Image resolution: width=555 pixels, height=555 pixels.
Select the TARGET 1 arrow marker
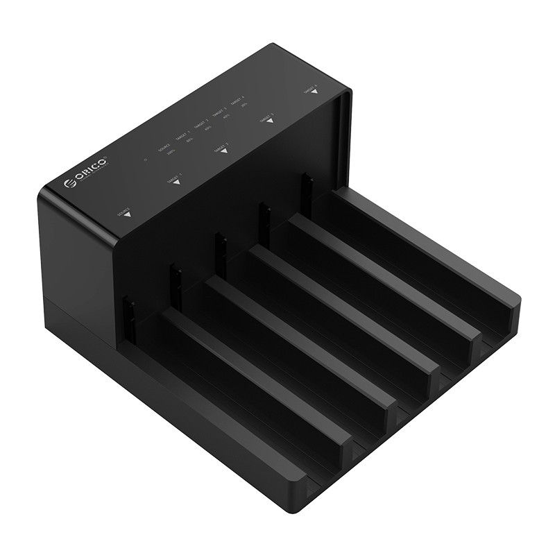176,182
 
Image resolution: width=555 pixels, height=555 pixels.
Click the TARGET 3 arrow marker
270,121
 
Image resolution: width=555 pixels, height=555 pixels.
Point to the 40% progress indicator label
226,117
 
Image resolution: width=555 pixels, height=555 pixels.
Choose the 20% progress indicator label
244,105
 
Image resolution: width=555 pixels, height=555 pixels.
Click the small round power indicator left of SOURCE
146,159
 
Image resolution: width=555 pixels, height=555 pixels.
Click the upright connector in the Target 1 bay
176,276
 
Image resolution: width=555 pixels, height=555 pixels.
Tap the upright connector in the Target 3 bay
264,215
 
